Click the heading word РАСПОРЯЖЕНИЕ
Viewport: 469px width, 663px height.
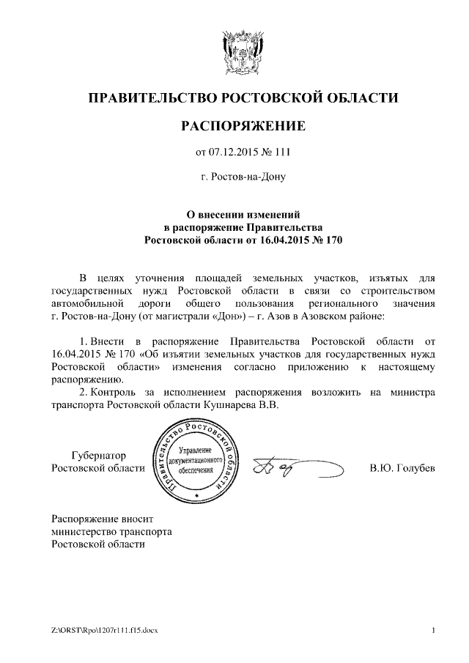coord(243,127)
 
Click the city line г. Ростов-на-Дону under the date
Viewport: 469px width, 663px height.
coord(243,177)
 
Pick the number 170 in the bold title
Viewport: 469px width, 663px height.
coord(333,240)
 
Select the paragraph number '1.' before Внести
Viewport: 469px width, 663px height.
coord(82,341)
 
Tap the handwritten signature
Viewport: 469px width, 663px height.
coord(293,468)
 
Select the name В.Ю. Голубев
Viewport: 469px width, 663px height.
coord(402,468)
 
